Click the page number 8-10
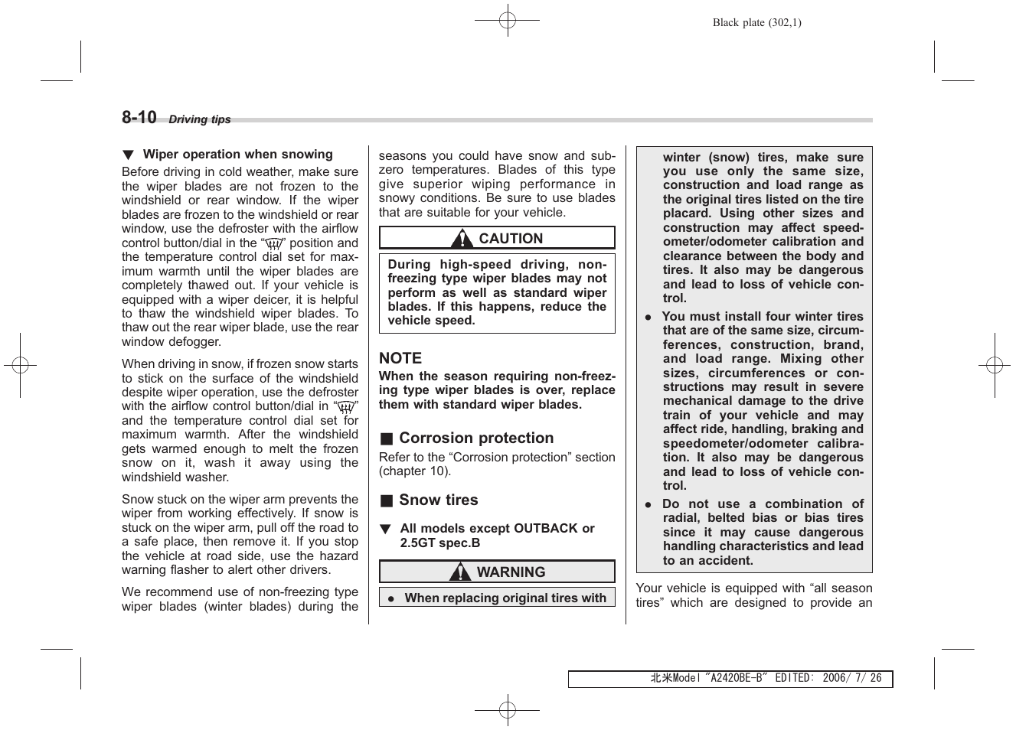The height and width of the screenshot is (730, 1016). (x=139, y=117)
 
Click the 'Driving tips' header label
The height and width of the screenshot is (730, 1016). (x=199, y=119)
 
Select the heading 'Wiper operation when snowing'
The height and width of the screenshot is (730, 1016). (x=237, y=155)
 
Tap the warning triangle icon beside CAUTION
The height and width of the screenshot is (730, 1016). (x=461, y=239)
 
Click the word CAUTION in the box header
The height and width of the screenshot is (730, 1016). (x=511, y=239)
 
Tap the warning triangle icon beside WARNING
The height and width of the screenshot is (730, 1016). (x=460, y=572)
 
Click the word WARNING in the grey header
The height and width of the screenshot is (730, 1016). (x=511, y=572)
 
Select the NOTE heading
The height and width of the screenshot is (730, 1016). (x=400, y=358)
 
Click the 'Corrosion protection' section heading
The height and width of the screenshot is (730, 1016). (x=476, y=438)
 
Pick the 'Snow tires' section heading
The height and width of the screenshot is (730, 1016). (x=438, y=500)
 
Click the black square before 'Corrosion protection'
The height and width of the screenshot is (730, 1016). (x=387, y=439)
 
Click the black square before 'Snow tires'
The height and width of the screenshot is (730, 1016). (x=387, y=501)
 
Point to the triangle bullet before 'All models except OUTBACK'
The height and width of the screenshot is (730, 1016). (x=386, y=529)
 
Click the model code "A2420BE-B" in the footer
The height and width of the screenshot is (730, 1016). (x=736, y=679)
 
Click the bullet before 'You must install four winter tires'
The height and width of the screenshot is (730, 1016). (x=648, y=317)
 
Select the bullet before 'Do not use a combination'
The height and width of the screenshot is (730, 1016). (x=648, y=504)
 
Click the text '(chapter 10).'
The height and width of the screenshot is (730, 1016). (x=415, y=471)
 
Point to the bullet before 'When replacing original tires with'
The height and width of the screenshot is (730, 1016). (x=390, y=599)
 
